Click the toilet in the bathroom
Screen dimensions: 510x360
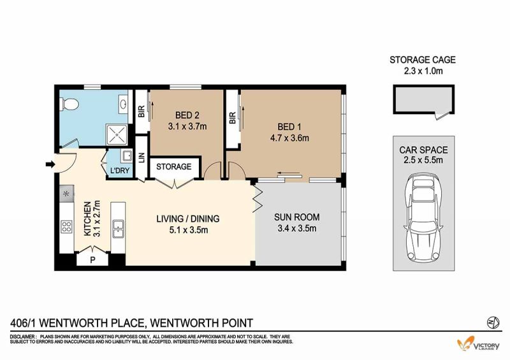(69, 104)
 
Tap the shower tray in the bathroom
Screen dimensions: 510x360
(117, 134)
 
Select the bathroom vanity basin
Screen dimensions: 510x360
(124, 104)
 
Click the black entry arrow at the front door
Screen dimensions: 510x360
(50, 164)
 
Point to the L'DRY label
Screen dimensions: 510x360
(120, 170)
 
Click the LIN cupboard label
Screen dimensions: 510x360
(142, 158)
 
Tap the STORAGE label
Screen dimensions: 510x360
(173, 167)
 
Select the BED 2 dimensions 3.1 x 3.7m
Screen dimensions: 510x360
(187, 126)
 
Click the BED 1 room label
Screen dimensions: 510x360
(289, 127)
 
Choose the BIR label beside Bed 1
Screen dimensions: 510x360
(232, 118)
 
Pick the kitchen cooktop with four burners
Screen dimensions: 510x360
(67, 226)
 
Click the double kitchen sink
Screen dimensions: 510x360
(118, 229)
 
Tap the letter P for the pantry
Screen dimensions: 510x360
(92, 260)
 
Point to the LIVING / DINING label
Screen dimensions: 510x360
(188, 219)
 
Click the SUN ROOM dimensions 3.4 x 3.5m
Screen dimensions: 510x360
(297, 228)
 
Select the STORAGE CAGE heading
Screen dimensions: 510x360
(423, 60)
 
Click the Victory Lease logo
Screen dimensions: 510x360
(478, 343)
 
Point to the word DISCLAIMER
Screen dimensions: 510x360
(22, 336)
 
